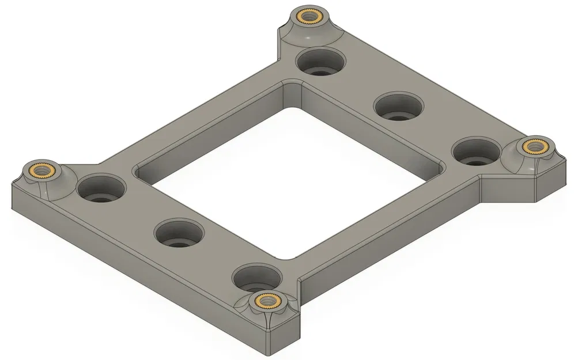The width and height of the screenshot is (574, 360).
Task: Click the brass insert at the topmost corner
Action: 303,16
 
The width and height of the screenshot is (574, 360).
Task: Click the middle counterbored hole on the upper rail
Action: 398,107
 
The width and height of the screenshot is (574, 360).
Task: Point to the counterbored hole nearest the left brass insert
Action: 101,189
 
